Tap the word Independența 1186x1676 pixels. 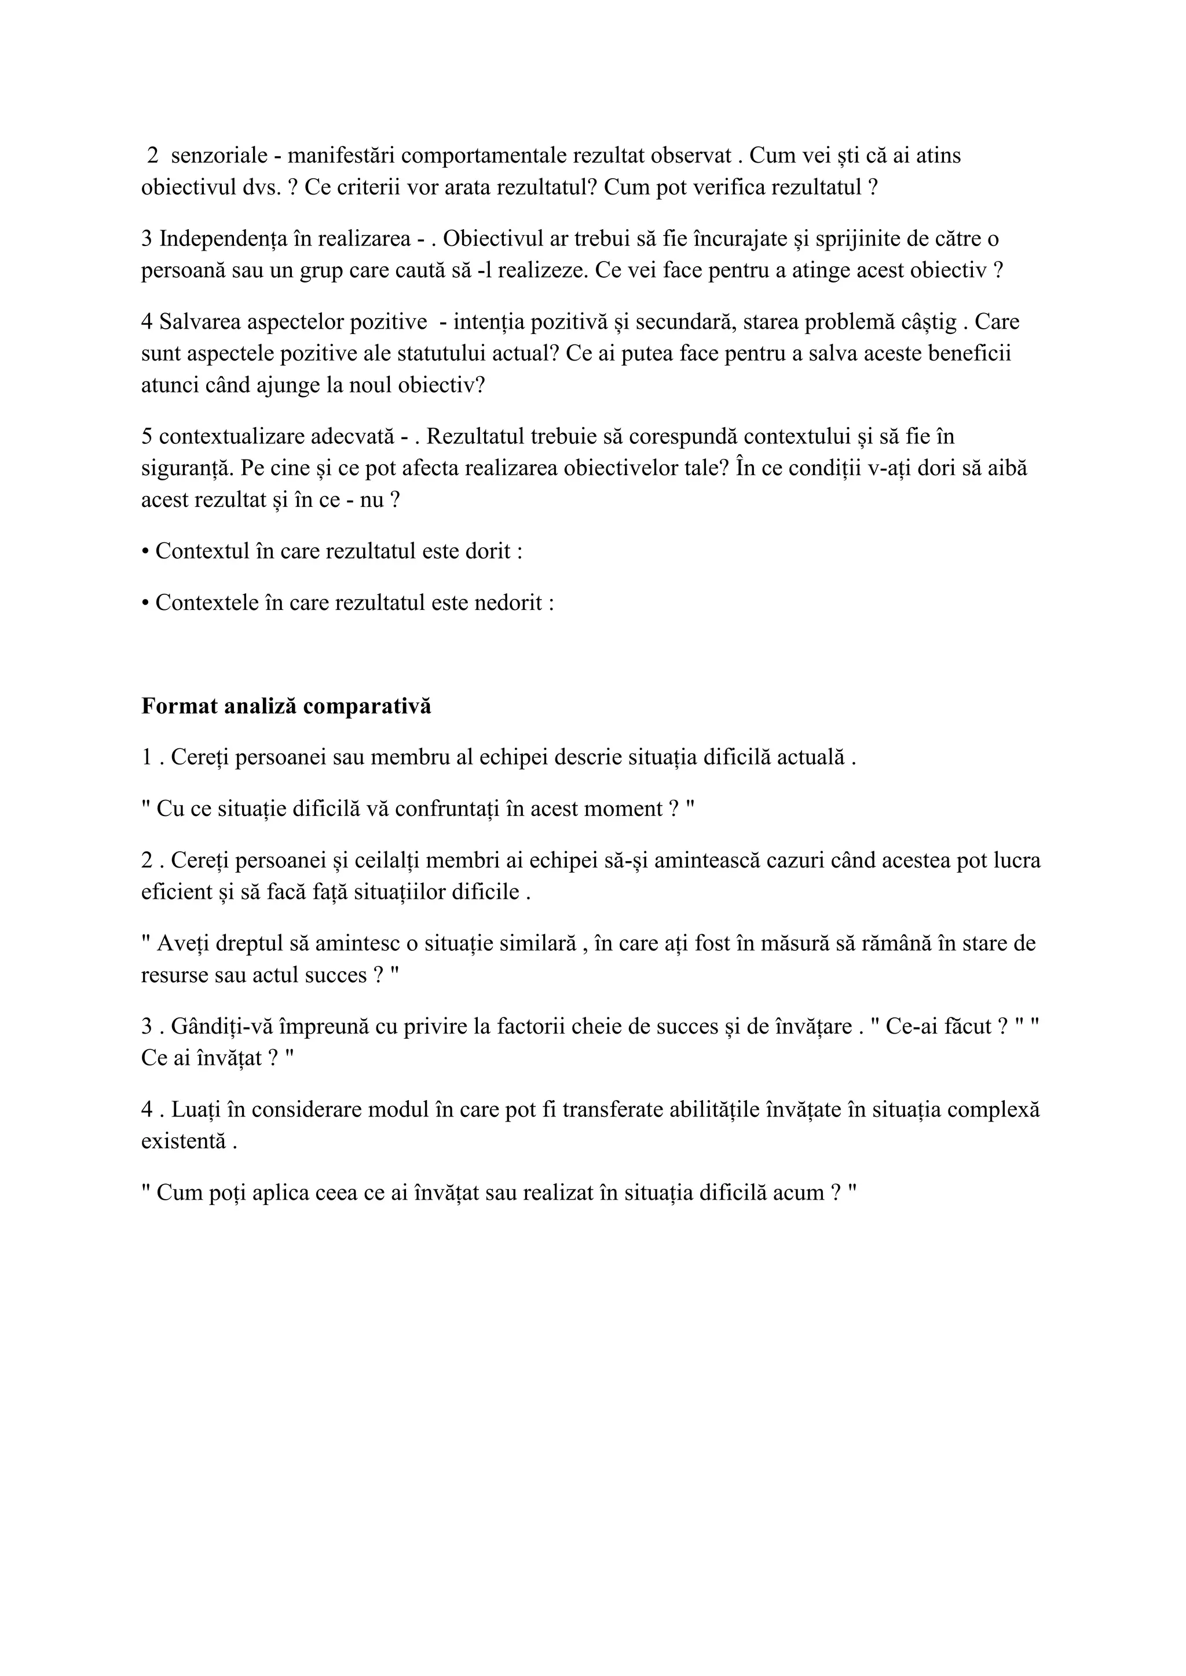click(x=222, y=238)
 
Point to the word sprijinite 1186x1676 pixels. click(x=845, y=238)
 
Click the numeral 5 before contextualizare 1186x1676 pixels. click(x=147, y=436)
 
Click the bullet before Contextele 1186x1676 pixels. click(x=145, y=603)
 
